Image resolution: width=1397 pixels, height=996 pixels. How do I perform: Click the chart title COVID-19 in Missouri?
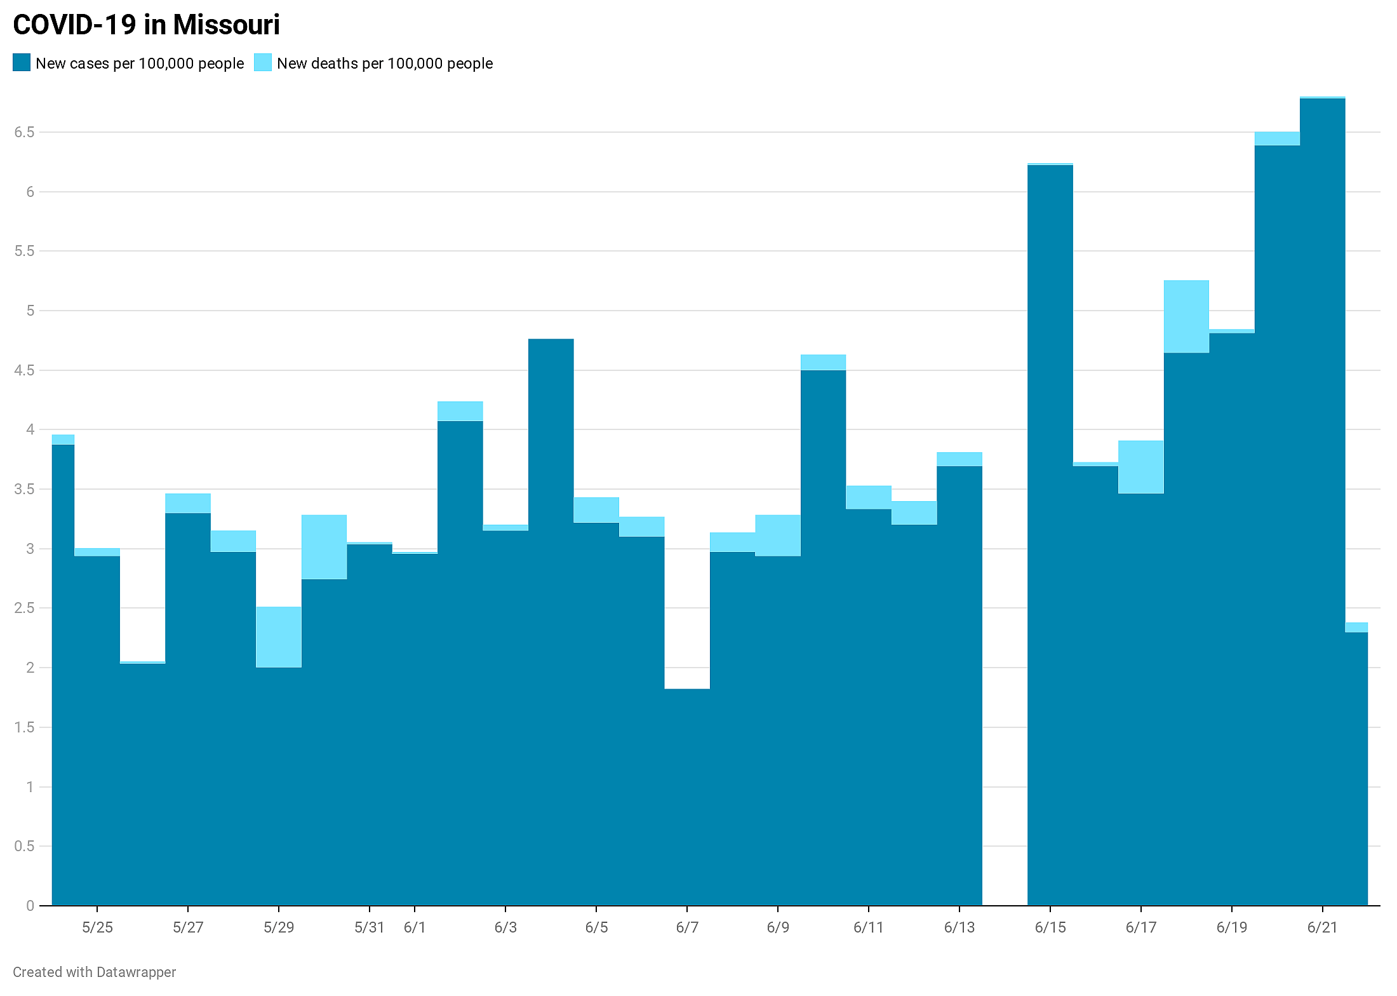pos(146,25)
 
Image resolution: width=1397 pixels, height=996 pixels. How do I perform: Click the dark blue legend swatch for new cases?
pos(22,62)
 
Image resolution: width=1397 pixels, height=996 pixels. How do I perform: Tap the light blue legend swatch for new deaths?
pos(263,62)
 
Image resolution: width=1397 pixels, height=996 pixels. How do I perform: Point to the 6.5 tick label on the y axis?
pos(24,132)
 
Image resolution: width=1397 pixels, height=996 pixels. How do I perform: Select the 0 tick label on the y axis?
pos(30,906)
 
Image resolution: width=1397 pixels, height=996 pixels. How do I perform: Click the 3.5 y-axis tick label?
pos(24,489)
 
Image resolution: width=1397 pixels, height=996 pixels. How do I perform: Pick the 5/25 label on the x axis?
pos(97,927)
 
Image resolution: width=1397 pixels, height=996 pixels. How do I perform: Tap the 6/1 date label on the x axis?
pos(415,927)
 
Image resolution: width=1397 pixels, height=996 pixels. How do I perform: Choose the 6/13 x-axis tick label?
pos(959,927)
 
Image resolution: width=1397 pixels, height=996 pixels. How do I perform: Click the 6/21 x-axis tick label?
pos(1323,927)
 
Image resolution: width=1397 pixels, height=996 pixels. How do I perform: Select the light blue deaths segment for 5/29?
pos(279,637)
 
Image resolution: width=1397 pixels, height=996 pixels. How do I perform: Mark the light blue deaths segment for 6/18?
pos(1186,316)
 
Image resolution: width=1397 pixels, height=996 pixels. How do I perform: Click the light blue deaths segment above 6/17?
pos(1141,467)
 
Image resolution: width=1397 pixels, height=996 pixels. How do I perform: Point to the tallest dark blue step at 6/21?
pos(1323,502)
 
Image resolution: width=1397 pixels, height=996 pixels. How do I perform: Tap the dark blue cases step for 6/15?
pos(1050,535)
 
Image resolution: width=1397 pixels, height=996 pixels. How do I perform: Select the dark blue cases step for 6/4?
pos(551,622)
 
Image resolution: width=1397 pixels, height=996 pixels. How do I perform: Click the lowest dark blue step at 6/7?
pos(687,797)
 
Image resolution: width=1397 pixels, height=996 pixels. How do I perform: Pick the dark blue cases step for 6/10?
pos(824,638)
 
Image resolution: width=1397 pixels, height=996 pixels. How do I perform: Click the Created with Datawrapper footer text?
pos(95,972)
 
